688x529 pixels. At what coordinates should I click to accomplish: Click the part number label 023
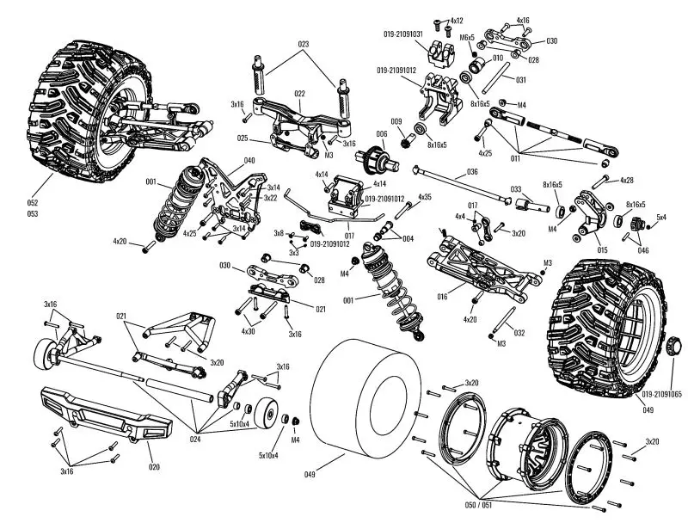coord(304,43)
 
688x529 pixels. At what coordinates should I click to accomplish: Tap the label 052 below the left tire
coord(32,203)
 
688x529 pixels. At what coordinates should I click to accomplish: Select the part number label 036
coord(472,171)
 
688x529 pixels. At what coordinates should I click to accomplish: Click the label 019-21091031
coord(402,34)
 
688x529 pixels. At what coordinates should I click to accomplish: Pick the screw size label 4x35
coord(425,198)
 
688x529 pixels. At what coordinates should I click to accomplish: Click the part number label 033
coord(516,188)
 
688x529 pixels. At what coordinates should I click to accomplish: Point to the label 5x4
coord(661,217)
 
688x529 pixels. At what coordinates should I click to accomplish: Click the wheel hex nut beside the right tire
coord(674,347)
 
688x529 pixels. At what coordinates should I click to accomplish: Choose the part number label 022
coord(300,95)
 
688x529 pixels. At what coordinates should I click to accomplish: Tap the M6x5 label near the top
coord(467,38)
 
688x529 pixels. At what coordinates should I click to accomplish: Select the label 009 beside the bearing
coord(396,122)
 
